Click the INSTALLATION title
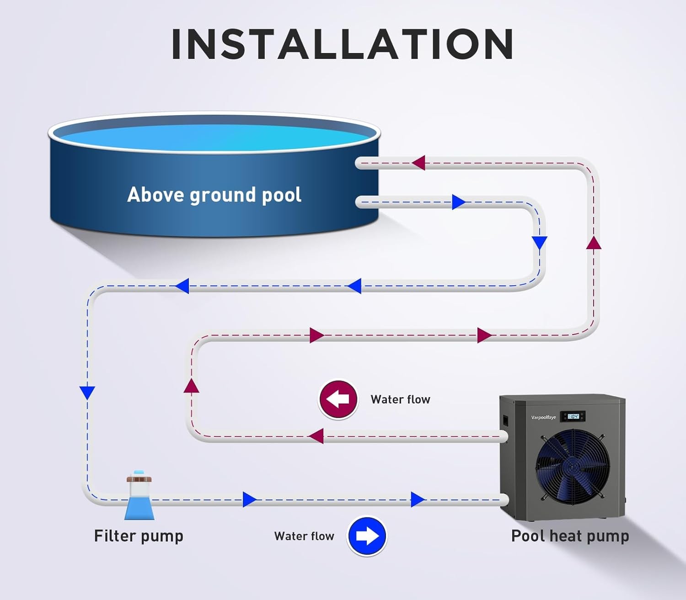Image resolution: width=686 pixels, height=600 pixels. [343, 44]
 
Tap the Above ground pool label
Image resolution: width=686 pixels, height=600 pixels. [214, 195]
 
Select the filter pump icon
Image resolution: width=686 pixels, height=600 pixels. [139, 496]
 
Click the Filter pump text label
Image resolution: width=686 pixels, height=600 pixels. [139, 536]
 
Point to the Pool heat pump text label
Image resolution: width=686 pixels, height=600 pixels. [570, 536]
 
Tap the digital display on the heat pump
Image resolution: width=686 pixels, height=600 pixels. [573, 416]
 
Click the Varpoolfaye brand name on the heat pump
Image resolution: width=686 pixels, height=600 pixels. [543, 417]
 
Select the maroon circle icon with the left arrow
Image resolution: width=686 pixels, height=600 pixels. [338, 399]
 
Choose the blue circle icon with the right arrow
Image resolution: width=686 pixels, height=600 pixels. [367, 536]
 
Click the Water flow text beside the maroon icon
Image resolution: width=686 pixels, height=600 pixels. [400, 399]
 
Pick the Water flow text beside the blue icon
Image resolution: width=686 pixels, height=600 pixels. [304, 536]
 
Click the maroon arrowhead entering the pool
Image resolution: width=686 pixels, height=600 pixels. [418, 163]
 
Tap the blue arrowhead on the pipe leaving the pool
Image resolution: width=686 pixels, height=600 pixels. [458, 202]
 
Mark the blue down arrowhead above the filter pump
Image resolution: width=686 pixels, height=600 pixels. [87, 393]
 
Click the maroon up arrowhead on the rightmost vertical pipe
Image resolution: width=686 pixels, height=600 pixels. [594, 243]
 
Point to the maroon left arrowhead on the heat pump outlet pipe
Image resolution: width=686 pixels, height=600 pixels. [316, 436]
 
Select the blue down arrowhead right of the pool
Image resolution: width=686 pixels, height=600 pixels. [540, 243]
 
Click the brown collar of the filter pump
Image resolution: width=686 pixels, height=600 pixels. [139, 479]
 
